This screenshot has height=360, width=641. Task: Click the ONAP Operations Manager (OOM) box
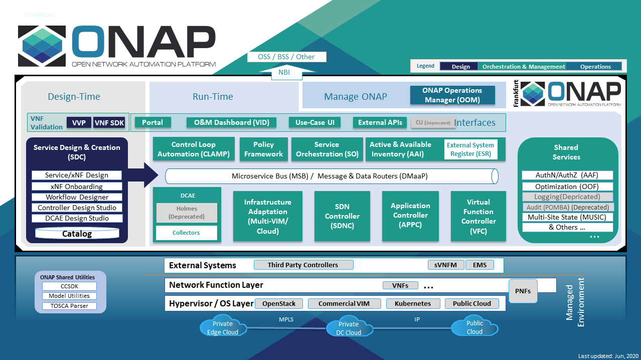coord(452,95)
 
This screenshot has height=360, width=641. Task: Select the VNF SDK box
coord(109,123)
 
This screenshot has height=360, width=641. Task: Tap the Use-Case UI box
coord(314,122)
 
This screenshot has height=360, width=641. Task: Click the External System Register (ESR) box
coord(470,150)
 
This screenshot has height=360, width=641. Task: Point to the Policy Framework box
coord(264,149)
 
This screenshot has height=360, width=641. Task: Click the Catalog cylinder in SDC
coord(77,234)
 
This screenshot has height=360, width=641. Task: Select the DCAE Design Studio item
coord(77,218)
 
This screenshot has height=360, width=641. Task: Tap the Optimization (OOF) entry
coord(567,186)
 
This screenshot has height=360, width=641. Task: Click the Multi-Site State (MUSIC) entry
coord(567,217)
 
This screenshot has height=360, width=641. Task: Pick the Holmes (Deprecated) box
coord(187,213)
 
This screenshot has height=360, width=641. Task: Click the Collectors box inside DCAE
coord(187,233)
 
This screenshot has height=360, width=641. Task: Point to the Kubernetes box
coord(413,303)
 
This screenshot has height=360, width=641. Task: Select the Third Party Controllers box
coord(303,265)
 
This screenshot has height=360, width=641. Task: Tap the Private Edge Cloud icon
coord(223,327)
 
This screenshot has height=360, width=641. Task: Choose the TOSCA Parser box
coord(69,306)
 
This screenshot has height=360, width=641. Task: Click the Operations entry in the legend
coord(595,67)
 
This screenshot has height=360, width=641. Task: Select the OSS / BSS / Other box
coord(286,57)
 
